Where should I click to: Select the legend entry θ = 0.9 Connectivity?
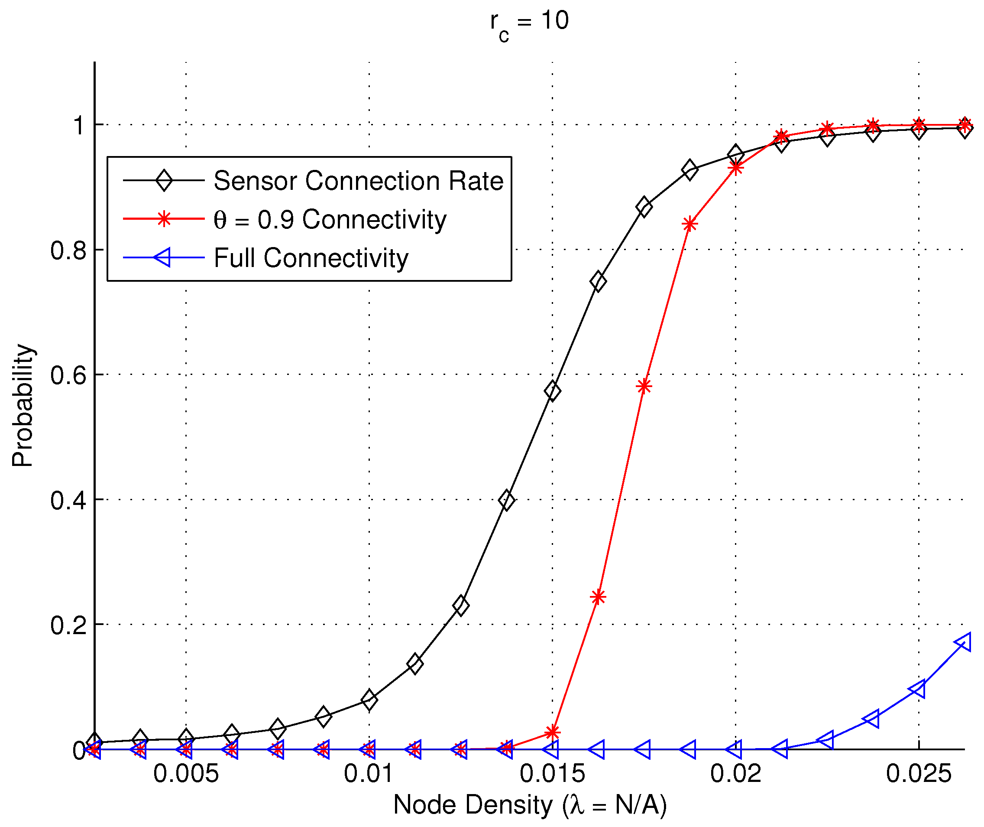pyautogui.click(x=330, y=219)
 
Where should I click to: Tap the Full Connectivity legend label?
pyautogui.click(x=311, y=258)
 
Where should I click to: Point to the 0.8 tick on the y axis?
pyautogui.click(x=68, y=251)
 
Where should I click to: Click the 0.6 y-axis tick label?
pyautogui.click(x=68, y=375)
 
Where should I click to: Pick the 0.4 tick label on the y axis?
pyautogui.click(x=68, y=500)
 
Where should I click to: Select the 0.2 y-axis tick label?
pyautogui.click(x=68, y=625)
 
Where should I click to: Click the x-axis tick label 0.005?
pyautogui.click(x=186, y=774)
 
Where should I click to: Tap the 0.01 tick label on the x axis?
pyautogui.click(x=369, y=774)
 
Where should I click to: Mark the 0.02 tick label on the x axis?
pyautogui.click(x=736, y=774)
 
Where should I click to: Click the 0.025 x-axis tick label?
pyautogui.click(x=919, y=774)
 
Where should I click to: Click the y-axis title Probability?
pyautogui.click(x=23, y=406)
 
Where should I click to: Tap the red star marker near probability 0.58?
pyautogui.click(x=644, y=386)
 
